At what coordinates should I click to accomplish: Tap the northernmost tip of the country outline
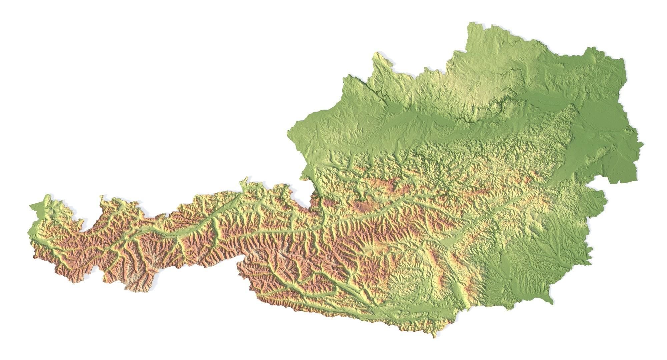pyautogui.click(x=472, y=23)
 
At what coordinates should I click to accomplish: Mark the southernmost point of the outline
pyautogui.click(x=435, y=337)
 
